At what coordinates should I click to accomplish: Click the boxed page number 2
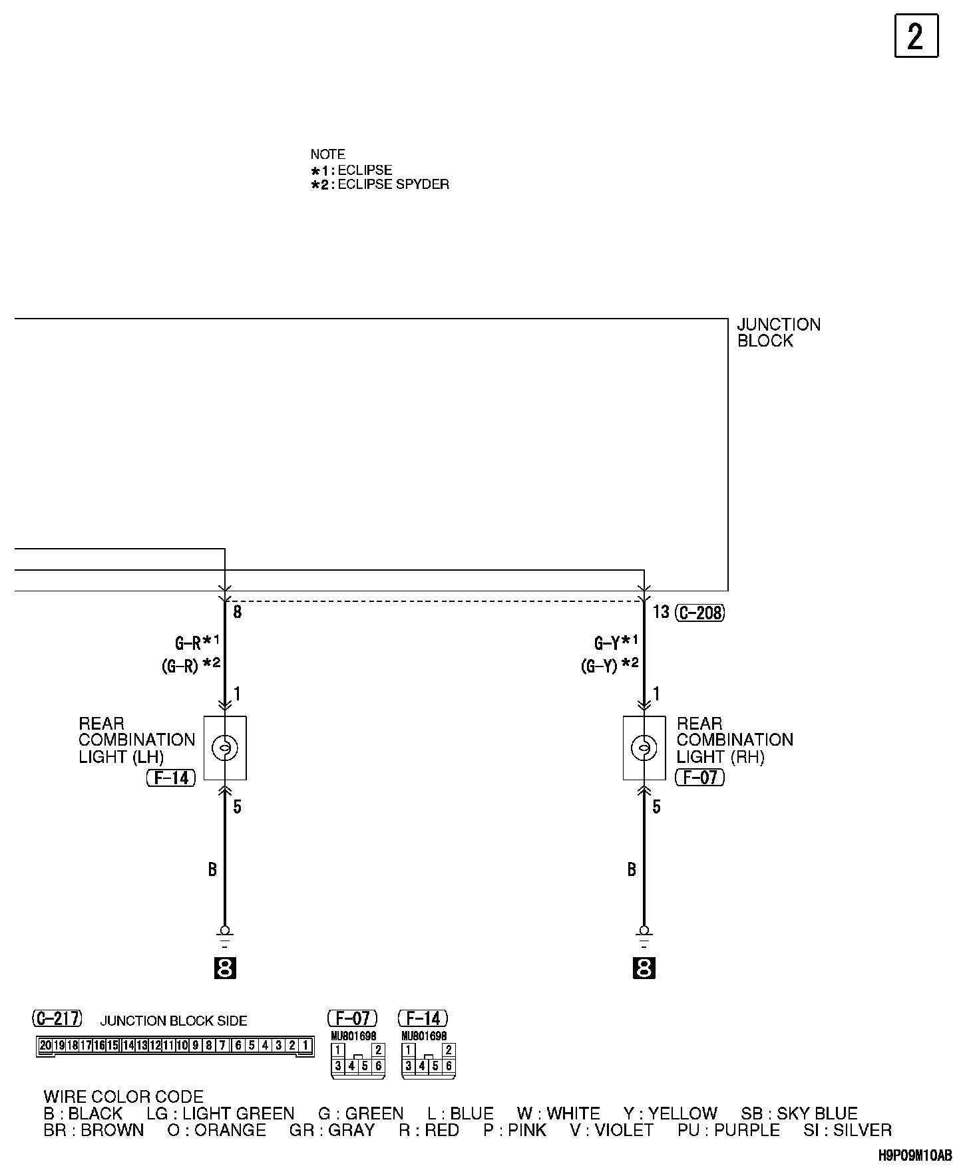point(916,36)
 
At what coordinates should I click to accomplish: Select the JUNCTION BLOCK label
point(778,333)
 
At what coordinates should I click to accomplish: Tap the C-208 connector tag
point(699,613)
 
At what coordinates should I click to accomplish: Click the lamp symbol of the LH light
point(224,748)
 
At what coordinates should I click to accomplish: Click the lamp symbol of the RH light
point(644,748)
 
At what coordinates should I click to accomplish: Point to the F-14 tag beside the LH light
point(171,778)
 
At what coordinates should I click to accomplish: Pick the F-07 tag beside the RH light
point(699,777)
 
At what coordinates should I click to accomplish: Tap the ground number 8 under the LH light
point(225,968)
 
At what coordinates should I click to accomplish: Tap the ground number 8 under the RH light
point(644,968)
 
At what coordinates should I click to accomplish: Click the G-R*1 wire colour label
point(197,643)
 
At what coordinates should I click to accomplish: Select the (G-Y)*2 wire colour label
point(610,665)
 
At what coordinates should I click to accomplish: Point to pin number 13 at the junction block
point(660,612)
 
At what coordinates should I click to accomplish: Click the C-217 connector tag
point(57,1018)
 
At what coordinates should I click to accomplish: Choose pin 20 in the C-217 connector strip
point(45,1045)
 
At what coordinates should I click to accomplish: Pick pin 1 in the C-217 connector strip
point(305,1045)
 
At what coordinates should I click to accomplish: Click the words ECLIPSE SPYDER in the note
point(393,184)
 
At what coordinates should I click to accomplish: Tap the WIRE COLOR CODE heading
point(123,1097)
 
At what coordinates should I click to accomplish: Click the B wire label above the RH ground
point(632,869)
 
